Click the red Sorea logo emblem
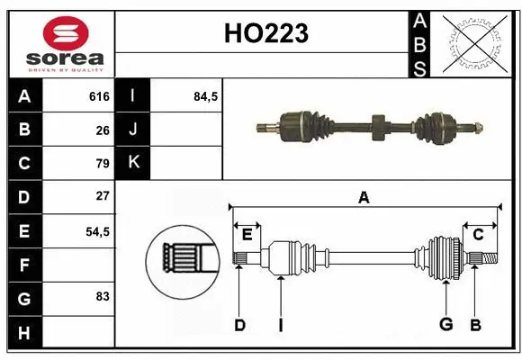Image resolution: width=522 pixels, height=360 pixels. click(66, 33)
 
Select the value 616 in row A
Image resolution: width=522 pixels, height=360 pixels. click(99, 96)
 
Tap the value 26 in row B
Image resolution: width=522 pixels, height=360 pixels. click(103, 130)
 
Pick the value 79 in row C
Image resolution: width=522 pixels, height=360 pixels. click(103, 164)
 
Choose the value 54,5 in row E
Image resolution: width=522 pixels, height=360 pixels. click(97, 231)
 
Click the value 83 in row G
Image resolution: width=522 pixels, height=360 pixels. click(103, 295)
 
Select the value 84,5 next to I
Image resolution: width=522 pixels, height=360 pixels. click(206, 96)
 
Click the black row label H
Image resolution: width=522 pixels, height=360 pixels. click(23, 334)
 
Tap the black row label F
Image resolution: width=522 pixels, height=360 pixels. click(23, 265)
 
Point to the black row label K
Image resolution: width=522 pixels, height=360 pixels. click(133, 164)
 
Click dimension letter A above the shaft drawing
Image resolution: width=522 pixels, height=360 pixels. click(364, 198)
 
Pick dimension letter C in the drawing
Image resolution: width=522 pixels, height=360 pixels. click(478, 235)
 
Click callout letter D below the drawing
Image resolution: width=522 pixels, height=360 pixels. click(239, 325)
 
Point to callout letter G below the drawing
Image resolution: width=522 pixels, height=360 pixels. click(445, 325)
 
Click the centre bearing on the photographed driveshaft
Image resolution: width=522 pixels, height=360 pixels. click(377, 123)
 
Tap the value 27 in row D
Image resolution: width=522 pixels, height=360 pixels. click(103, 196)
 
